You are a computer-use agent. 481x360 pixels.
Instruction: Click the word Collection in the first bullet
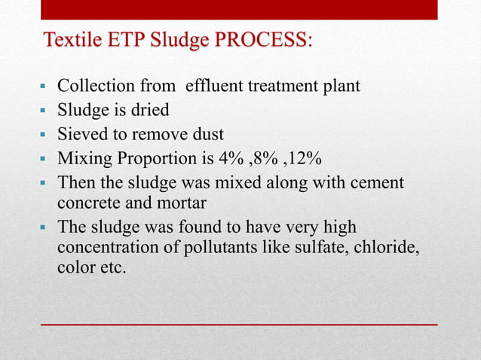click(93, 87)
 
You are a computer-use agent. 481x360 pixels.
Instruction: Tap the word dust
click(206, 135)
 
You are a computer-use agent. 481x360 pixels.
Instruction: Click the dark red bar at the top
click(239, 9)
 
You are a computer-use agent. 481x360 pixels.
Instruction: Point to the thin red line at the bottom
click(239, 323)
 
